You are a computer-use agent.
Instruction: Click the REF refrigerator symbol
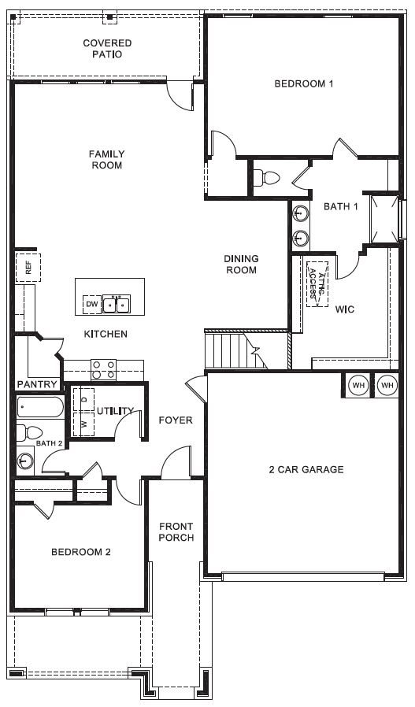click(28, 268)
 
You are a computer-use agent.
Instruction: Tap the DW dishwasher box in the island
click(92, 305)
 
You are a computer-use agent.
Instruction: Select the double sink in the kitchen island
click(117, 305)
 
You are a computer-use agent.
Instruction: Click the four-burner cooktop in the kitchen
click(103, 370)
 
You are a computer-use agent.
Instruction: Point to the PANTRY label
click(38, 385)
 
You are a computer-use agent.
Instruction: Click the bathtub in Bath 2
click(40, 408)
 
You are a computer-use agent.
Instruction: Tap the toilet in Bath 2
click(29, 433)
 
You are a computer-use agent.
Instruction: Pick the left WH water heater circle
click(358, 386)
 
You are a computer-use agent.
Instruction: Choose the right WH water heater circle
click(387, 386)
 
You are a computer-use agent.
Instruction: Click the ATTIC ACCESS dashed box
click(317, 284)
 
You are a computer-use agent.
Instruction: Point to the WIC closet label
click(345, 309)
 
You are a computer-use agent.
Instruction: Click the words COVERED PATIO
click(107, 49)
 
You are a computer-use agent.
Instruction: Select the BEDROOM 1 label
click(304, 83)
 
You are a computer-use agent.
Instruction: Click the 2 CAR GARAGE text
click(306, 469)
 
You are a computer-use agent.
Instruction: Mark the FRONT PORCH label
click(176, 532)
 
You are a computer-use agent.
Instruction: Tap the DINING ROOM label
click(241, 265)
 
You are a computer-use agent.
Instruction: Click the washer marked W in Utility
click(84, 424)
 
